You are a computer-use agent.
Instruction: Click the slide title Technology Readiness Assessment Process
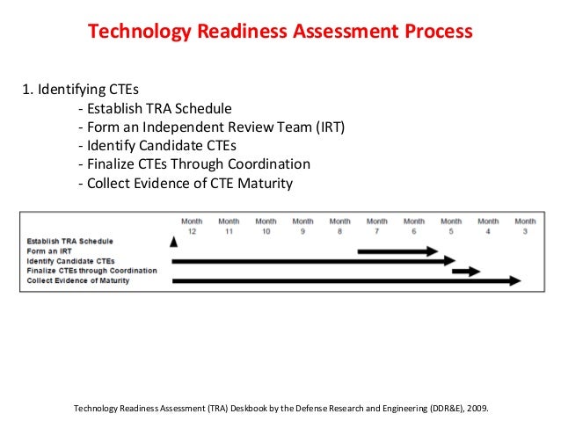click(280, 33)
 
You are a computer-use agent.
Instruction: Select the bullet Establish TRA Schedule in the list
click(155, 109)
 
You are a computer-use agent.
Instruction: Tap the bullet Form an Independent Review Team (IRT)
click(211, 127)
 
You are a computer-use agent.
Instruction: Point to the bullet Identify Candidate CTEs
click(157, 146)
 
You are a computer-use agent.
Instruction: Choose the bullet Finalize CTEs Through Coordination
click(193, 164)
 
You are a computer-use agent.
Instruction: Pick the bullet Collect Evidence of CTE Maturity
click(185, 183)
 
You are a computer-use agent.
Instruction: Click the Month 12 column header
click(192, 226)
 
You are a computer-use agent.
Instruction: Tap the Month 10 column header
click(266, 226)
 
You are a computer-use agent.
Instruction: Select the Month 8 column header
click(339, 226)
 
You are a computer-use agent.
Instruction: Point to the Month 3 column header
click(525, 226)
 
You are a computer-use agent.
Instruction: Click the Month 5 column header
click(451, 226)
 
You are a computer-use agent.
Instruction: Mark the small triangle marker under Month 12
click(174, 242)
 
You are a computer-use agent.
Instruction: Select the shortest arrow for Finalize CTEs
click(466, 271)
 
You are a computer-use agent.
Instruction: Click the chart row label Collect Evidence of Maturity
click(77, 280)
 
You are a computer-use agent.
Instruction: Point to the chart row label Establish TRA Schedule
click(69, 241)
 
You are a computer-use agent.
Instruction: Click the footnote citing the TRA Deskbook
click(280, 409)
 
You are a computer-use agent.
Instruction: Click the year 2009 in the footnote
click(475, 409)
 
